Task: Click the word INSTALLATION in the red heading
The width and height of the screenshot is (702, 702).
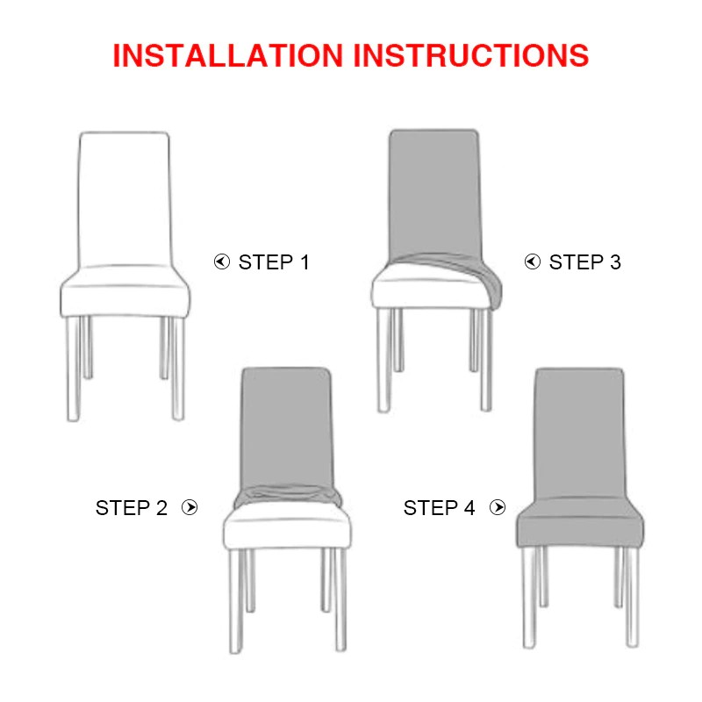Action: (x=227, y=55)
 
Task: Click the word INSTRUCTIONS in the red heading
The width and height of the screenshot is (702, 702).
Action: (x=470, y=55)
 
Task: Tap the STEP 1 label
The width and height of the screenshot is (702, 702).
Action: (x=274, y=262)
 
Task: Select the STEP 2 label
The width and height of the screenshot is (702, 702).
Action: (x=131, y=508)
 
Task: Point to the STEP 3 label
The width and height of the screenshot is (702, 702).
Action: (x=585, y=262)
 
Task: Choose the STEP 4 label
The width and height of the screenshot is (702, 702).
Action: (x=439, y=508)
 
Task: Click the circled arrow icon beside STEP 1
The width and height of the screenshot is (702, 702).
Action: (x=222, y=261)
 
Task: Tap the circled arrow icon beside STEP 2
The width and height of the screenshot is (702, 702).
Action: (x=190, y=507)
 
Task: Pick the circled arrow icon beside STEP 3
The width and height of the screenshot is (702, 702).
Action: (x=533, y=261)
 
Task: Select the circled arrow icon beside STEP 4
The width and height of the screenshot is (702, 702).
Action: (x=498, y=507)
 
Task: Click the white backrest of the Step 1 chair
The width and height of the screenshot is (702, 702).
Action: (x=125, y=199)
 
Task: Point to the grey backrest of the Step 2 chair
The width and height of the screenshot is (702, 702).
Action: (x=287, y=427)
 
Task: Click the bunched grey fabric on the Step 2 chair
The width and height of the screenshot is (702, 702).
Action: (x=288, y=495)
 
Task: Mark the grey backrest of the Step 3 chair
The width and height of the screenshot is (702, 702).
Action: (x=434, y=195)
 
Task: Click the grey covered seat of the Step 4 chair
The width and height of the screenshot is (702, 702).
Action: (x=580, y=521)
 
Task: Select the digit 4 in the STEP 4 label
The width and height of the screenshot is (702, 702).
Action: (x=469, y=508)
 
